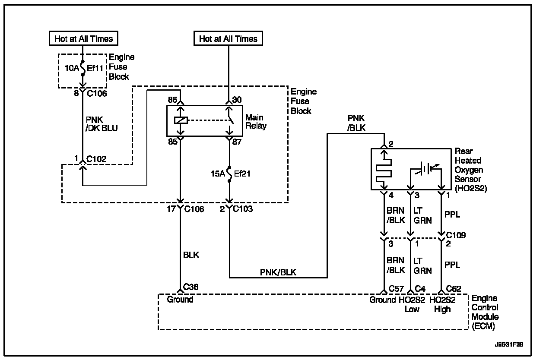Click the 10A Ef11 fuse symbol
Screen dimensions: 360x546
tap(83, 68)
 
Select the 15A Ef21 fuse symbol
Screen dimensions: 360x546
tap(229, 174)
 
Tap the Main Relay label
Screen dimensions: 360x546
tap(256, 122)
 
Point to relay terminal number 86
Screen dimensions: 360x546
tap(173, 99)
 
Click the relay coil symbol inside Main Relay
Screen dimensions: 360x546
tap(181, 120)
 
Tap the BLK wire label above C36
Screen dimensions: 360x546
tap(191, 255)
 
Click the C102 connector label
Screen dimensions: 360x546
tap(96, 159)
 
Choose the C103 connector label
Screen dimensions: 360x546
tap(243, 209)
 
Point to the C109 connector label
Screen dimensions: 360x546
tap(456, 235)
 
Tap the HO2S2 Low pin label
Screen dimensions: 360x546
tap(412, 304)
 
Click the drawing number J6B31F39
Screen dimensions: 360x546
tap(512, 344)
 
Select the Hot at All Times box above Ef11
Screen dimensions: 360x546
tap(83, 38)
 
